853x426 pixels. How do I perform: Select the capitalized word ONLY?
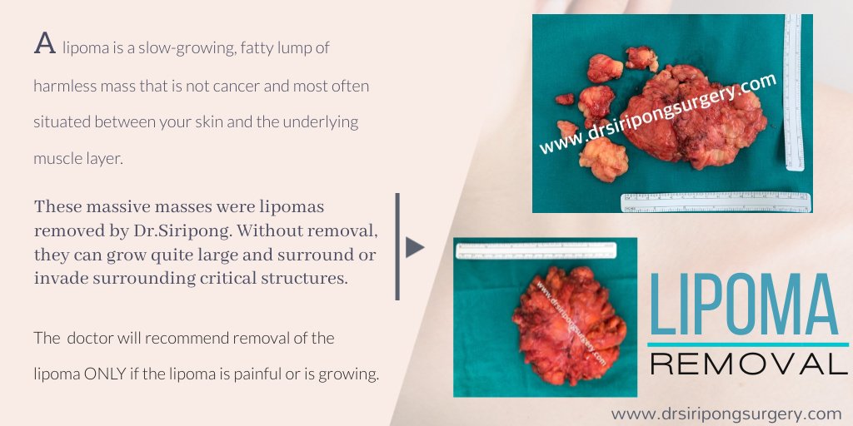click(108, 374)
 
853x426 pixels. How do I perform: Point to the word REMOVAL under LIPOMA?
click(747, 363)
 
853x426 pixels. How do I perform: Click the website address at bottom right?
click(726, 414)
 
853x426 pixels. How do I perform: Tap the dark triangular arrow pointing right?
click(414, 247)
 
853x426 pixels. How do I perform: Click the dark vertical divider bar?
click(397, 246)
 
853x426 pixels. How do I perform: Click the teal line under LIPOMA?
click(747, 344)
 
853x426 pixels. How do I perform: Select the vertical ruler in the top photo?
click(792, 92)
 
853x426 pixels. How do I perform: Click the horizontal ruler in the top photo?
click(716, 202)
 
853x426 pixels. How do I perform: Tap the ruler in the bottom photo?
click(536, 250)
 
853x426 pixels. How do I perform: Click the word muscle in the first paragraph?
click(53, 157)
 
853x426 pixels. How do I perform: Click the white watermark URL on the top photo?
click(658, 114)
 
